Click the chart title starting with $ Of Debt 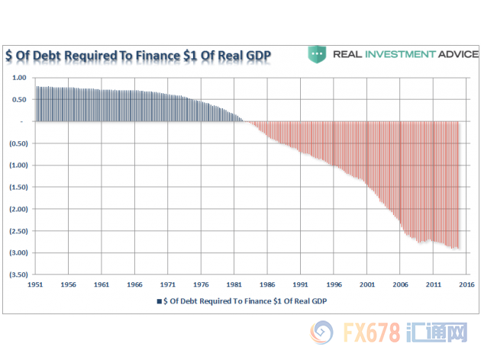tap(138, 56)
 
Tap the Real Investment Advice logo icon tap(318, 54)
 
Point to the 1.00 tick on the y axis tap(19, 78)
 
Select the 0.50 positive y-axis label tap(19, 99)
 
